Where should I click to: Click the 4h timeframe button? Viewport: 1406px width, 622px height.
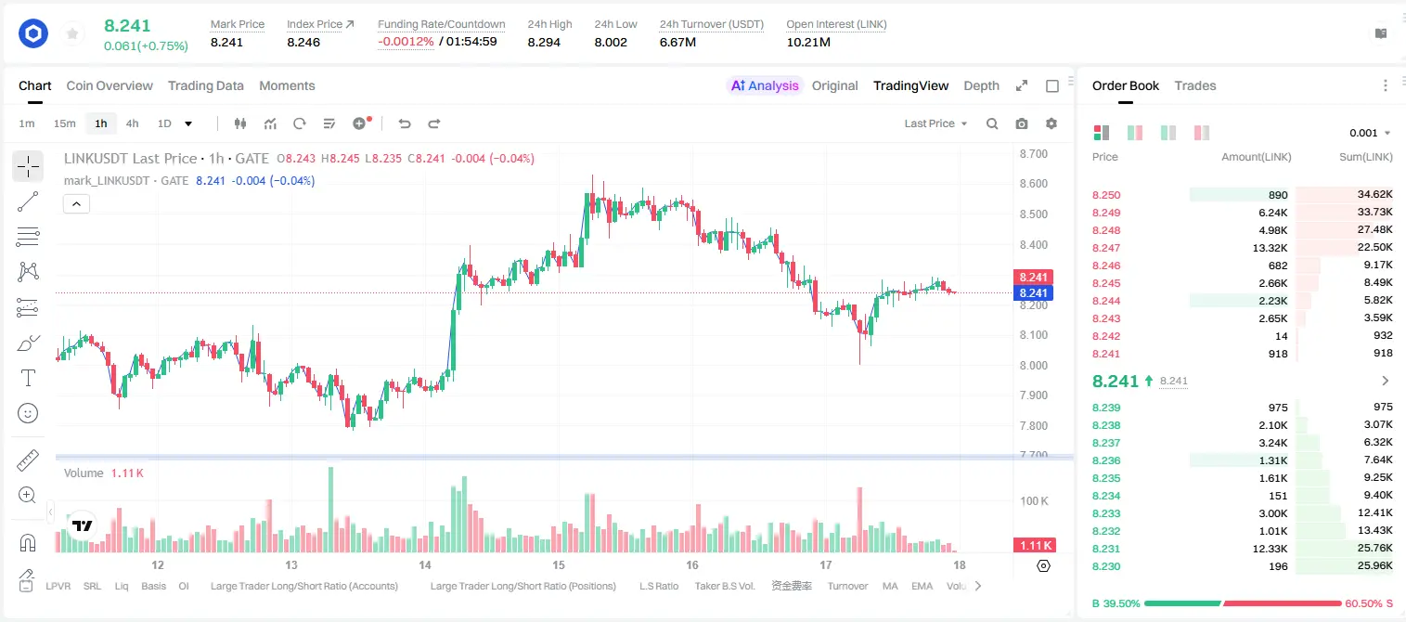[132, 123]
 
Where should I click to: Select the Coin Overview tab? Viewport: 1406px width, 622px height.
[110, 85]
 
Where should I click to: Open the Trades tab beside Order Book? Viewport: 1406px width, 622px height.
[1195, 85]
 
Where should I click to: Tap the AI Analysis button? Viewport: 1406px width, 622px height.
[765, 85]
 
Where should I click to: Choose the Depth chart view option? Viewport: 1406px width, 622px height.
[981, 85]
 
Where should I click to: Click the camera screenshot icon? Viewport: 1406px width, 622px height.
[1022, 123]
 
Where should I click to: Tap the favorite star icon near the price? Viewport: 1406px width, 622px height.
[72, 33]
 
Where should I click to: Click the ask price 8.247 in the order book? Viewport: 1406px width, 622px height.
[1106, 248]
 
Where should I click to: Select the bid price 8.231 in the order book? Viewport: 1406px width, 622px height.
[1106, 549]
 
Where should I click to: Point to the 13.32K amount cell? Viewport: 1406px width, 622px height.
[1270, 248]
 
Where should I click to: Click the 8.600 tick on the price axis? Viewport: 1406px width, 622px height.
[1034, 184]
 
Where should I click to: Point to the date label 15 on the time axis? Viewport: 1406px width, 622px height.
[559, 564]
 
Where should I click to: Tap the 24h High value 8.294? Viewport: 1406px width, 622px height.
[544, 42]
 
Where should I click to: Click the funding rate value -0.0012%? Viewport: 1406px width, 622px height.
[406, 42]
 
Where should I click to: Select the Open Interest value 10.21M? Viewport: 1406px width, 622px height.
[808, 42]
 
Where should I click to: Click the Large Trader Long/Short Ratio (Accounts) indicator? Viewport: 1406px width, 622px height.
[304, 586]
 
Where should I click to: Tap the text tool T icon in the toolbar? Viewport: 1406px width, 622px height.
[28, 378]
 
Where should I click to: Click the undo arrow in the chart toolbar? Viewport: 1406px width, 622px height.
[405, 123]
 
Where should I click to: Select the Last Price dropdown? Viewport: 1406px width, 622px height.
[935, 123]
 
